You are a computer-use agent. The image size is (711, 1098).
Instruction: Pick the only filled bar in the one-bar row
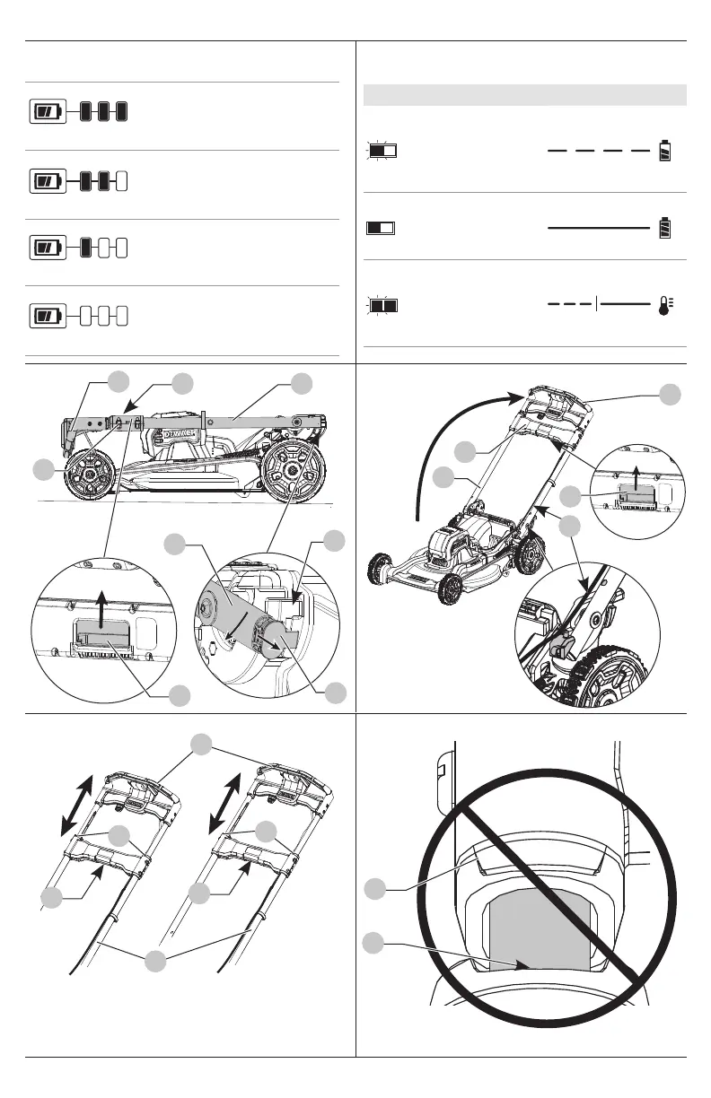(86, 247)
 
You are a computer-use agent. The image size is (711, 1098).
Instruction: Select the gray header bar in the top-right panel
(525, 94)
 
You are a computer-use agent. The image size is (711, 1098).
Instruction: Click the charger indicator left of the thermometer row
(383, 305)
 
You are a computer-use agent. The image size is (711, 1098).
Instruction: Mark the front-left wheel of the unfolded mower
(382, 569)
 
